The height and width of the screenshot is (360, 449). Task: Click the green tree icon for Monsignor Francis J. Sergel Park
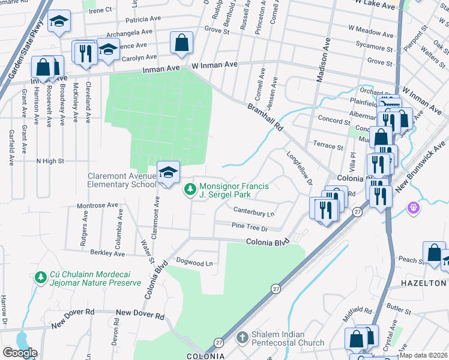pos(190,190)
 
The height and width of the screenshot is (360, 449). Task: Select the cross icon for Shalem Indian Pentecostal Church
pos(242,338)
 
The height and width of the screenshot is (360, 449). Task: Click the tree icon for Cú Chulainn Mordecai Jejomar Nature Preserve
pos(40,277)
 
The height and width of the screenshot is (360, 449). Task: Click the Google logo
pos(20,352)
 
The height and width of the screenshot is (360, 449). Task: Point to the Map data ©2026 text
pos(424,355)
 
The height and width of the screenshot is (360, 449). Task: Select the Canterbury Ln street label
pos(253,212)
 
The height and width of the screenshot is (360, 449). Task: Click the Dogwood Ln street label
pos(194,263)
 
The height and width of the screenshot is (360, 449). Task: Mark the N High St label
pos(50,161)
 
